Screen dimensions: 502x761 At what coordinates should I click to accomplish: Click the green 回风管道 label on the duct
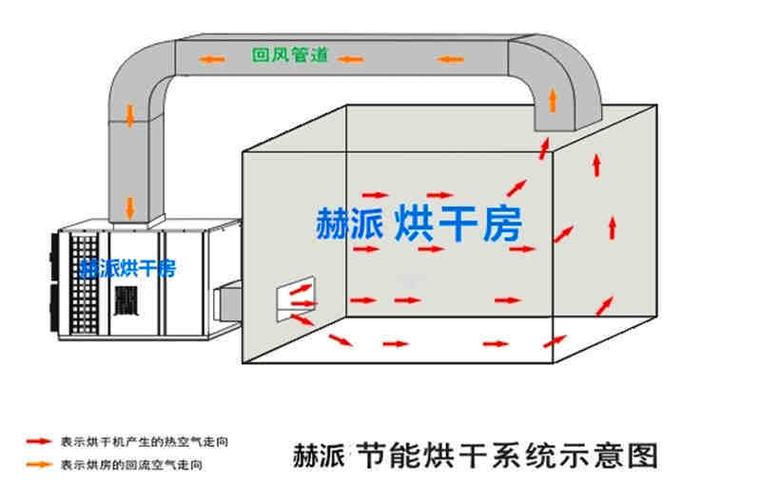click(x=290, y=55)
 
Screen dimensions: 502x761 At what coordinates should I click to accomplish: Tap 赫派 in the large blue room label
click(x=349, y=222)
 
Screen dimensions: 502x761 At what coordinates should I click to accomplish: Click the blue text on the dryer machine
click(x=127, y=267)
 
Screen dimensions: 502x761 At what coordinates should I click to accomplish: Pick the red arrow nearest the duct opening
click(x=544, y=147)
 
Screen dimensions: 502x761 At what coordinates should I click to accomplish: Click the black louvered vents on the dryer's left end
click(x=53, y=284)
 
